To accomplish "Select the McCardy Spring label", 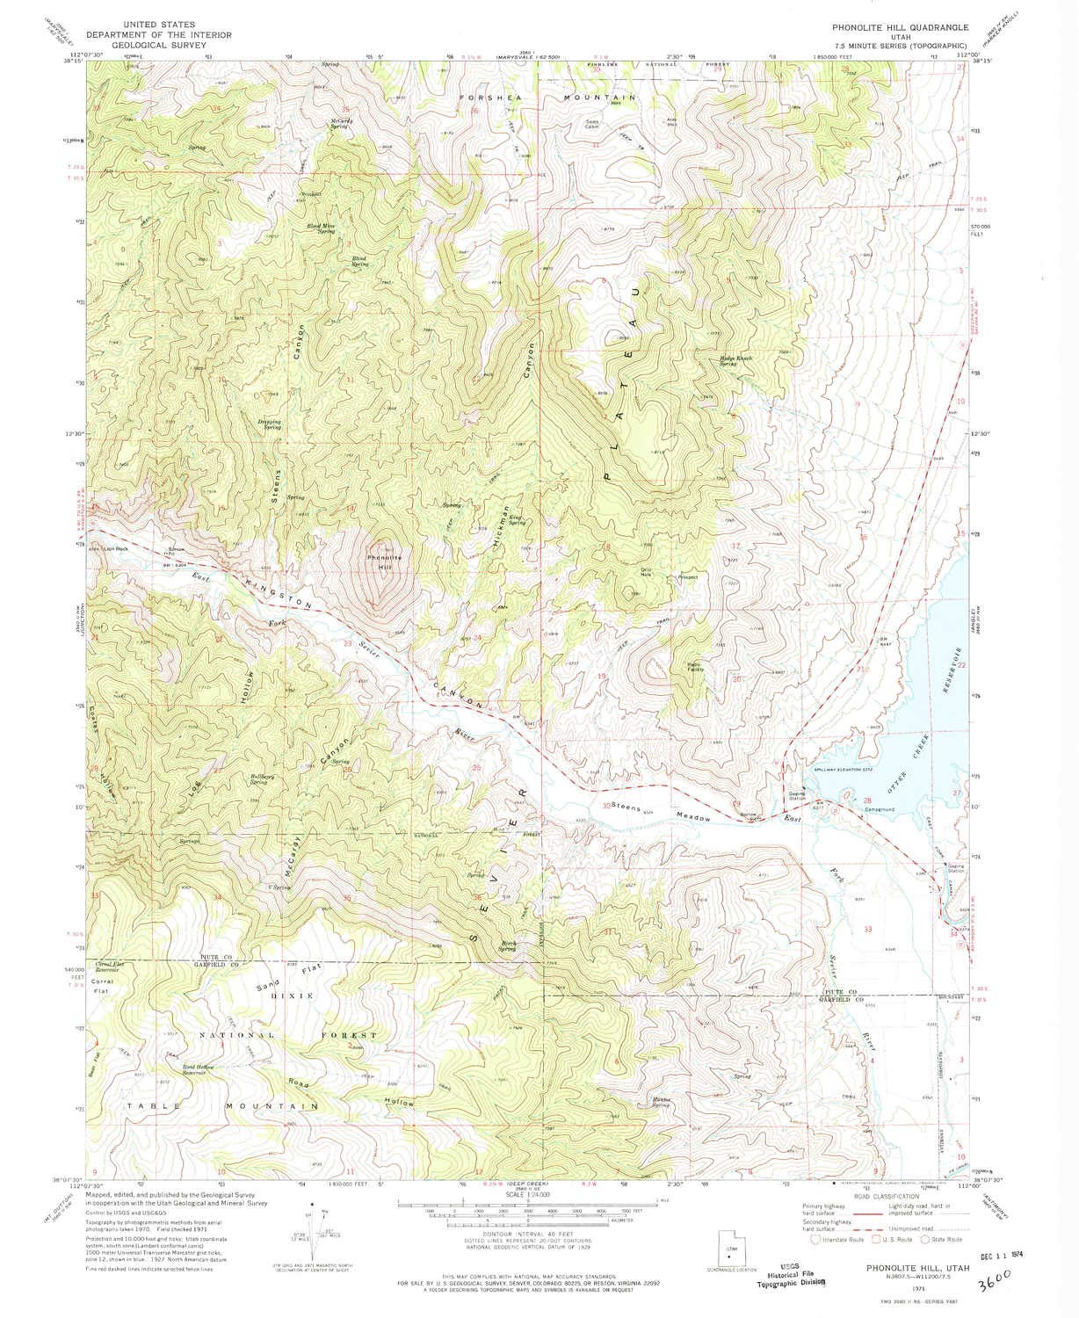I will (x=341, y=123).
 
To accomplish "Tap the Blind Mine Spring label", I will (x=321, y=227).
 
